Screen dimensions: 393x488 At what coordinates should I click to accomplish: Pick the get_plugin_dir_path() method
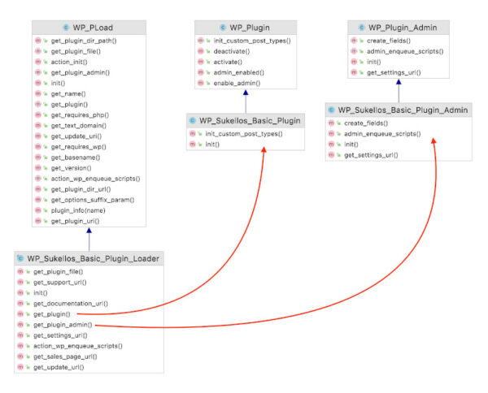tap(82, 40)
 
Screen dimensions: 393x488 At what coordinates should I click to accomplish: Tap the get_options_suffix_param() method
tap(92, 199)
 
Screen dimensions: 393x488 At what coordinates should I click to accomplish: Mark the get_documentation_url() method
tap(70, 303)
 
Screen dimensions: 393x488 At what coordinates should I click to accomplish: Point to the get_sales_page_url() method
tap(65, 356)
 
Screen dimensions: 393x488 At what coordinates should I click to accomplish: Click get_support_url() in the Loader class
tap(61, 282)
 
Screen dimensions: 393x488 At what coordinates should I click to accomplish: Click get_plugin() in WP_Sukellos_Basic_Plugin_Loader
tap(52, 313)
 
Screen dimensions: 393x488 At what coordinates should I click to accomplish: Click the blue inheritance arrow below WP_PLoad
tap(89, 239)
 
